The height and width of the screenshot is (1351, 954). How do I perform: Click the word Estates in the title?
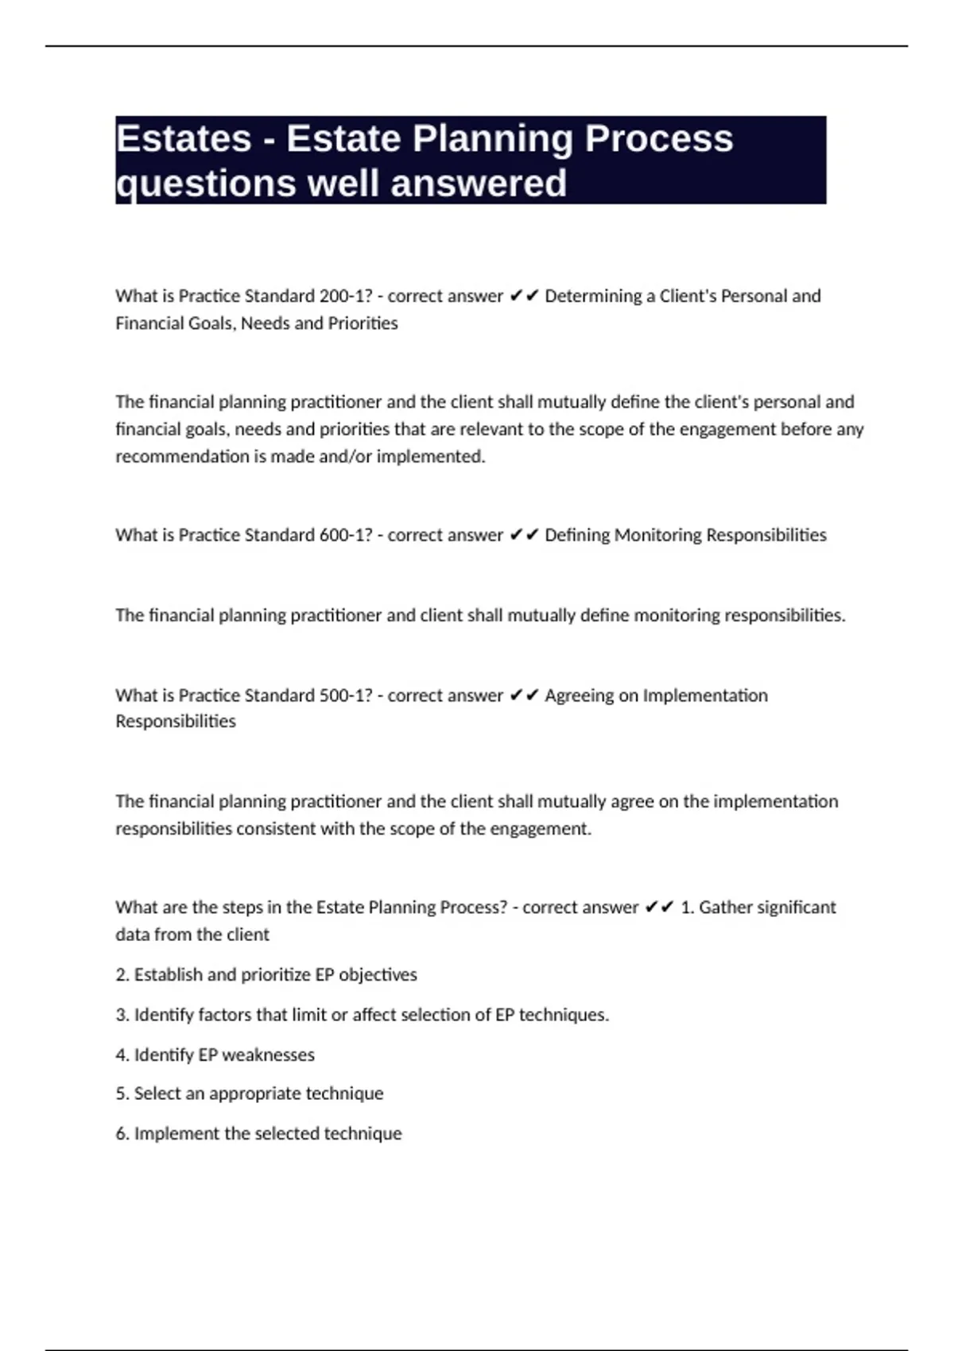[x=184, y=139]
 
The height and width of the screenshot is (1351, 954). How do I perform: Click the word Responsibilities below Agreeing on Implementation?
[x=176, y=722]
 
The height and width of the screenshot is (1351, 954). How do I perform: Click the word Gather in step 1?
[x=725, y=908]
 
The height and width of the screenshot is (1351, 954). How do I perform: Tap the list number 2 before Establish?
[x=122, y=975]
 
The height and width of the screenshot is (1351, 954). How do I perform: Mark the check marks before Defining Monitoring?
[x=524, y=536]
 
